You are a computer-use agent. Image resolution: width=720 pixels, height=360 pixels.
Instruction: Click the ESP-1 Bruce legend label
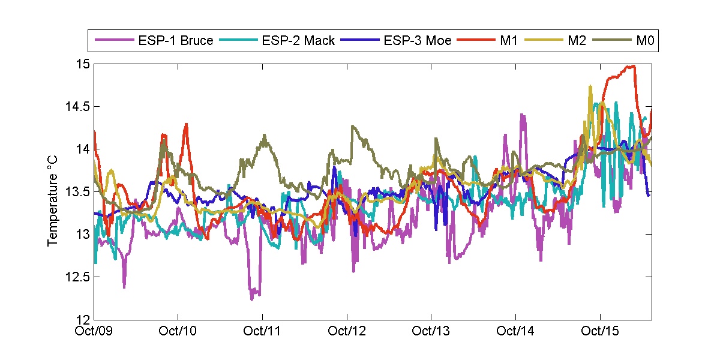[175, 41]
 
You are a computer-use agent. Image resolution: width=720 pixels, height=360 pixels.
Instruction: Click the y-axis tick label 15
[83, 64]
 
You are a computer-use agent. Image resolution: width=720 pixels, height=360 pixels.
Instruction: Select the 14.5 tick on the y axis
[78, 107]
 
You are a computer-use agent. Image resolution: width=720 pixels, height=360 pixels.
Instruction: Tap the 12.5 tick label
[78, 277]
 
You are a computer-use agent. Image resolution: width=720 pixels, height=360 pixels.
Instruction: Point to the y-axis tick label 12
[83, 319]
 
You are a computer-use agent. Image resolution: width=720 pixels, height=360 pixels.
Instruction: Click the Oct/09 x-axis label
[95, 331]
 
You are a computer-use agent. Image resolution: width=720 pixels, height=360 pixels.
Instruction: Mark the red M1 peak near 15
[632, 66]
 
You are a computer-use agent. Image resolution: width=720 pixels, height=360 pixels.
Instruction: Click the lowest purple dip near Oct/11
[252, 298]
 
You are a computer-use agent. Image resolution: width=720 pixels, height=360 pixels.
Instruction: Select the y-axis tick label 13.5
[78, 192]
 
